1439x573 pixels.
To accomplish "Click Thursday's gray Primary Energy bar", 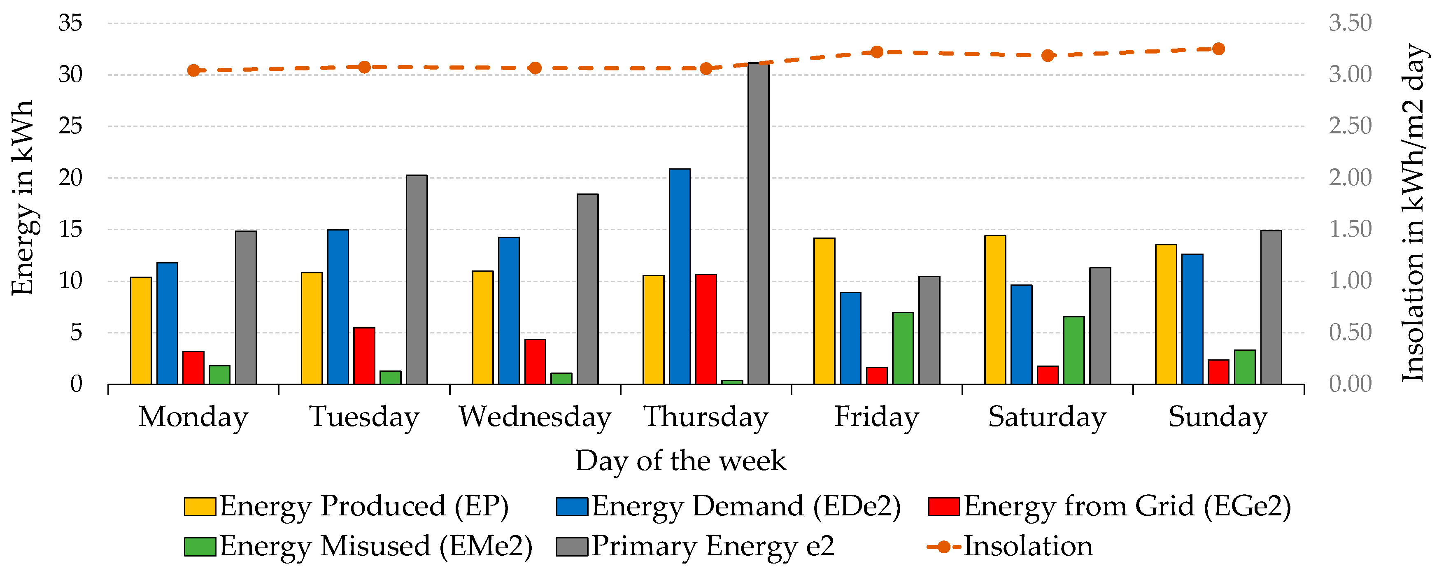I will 758,224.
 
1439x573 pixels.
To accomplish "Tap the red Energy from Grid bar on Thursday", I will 706,329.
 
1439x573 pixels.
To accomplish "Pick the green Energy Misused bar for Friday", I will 903,348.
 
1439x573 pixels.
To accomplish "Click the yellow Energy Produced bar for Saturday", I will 995,310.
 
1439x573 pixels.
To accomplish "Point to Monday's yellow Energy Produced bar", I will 141,331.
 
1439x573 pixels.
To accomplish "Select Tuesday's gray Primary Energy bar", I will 417,279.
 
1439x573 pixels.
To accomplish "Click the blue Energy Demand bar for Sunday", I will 1192,319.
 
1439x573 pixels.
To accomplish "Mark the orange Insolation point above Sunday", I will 1218,49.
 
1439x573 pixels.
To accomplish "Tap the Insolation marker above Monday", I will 193,70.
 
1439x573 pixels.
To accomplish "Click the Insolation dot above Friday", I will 876,52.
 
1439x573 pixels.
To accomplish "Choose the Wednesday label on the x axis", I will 535,417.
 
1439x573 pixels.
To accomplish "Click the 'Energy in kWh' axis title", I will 23,198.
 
